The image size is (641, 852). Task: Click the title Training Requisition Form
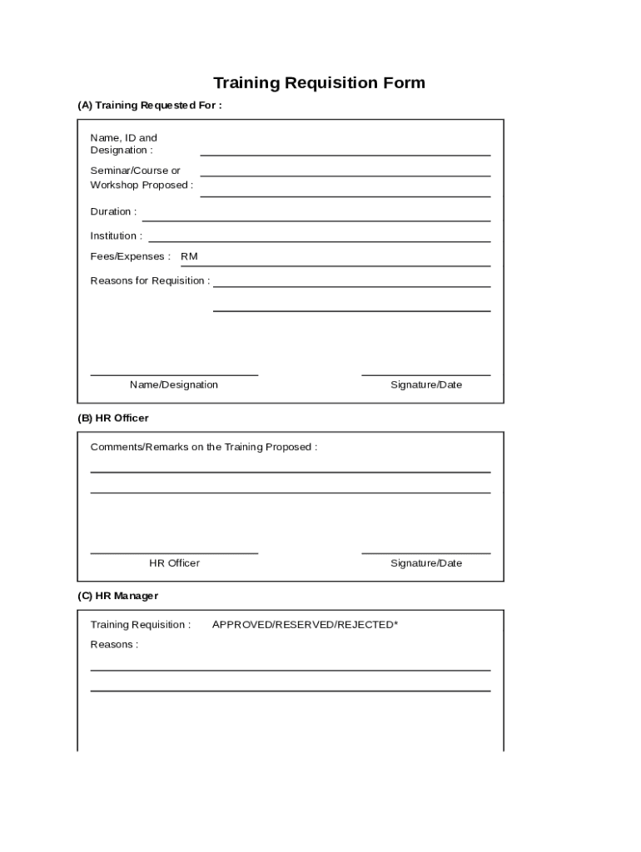pyautogui.click(x=320, y=82)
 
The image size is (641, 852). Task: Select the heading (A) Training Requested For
pyautogui.click(x=150, y=106)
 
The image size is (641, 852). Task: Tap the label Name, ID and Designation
pyautogui.click(x=123, y=144)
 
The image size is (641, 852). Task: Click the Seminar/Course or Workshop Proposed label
pyautogui.click(x=142, y=178)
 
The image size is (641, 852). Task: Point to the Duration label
pyautogui.click(x=113, y=211)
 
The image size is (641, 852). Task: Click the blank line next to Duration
pyautogui.click(x=316, y=218)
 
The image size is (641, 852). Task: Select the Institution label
pyautogui.click(x=116, y=235)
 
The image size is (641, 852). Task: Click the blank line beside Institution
pyautogui.click(x=320, y=239)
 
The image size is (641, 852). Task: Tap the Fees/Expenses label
pyautogui.click(x=130, y=256)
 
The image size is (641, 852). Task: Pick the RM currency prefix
pyautogui.click(x=189, y=256)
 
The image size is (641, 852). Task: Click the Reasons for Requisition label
pyautogui.click(x=150, y=280)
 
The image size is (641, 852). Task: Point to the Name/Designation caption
pyautogui.click(x=174, y=384)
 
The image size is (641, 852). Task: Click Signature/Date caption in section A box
pyautogui.click(x=426, y=384)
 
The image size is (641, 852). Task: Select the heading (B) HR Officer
pyautogui.click(x=113, y=418)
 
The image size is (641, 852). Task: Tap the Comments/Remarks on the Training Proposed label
pyautogui.click(x=204, y=447)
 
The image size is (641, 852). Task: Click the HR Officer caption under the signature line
pyautogui.click(x=174, y=563)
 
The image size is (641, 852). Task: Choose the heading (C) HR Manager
pyautogui.click(x=117, y=596)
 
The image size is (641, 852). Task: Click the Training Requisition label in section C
pyautogui.click(x=140, y=624)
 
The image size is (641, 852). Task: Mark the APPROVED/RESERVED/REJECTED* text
pyautogui.click(x=305, y=624)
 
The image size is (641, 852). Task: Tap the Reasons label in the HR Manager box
pyautogui.click(x=114, y=644)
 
